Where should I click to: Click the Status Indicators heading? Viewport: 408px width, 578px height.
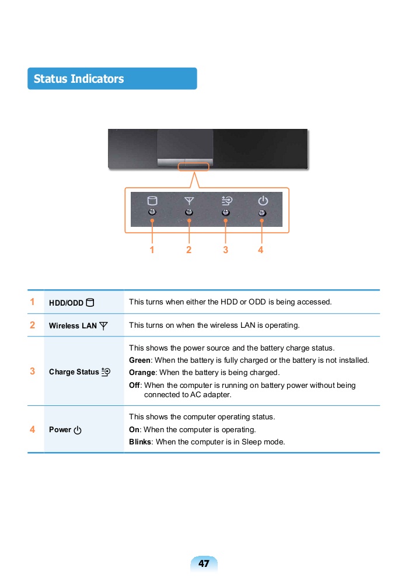click(x=79, y=79)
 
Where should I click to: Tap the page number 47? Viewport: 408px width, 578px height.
click(x=204, y=563)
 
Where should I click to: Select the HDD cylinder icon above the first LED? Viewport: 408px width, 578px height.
click(x=152, y=200)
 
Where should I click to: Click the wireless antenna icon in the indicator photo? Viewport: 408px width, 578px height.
click(x=189, y=200)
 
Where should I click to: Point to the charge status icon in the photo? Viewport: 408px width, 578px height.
click(x=226, y=200)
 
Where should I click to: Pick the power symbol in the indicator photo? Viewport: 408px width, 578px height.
click(x=263, y=200)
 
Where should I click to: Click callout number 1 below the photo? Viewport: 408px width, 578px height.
click(x=152, y=250)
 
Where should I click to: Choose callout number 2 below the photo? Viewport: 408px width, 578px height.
click(x=189, y=250)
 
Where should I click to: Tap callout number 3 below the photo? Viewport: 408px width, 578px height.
click(x=225, y=250)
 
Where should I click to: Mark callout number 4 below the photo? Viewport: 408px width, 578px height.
click(x=260, y=250)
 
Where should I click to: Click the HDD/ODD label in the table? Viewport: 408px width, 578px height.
click(x=66, y=303)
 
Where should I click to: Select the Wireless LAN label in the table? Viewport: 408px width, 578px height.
click(x=72, y=325)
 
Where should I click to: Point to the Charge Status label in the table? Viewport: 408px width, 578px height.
click(x=74, y=372)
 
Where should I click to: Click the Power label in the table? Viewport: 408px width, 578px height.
click(x=60, y=429)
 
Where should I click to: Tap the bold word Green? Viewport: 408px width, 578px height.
click(x=140, y=360)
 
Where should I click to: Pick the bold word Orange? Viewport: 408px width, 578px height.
click(x=142, y=372)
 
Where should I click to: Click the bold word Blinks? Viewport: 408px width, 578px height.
click(x=140, y=442)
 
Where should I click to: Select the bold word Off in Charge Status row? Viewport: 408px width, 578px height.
click(x=134, y=385)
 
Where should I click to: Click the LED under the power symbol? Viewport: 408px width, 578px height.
click(x=262, y=212)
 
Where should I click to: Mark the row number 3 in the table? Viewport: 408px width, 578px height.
click(x=33, y=371)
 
